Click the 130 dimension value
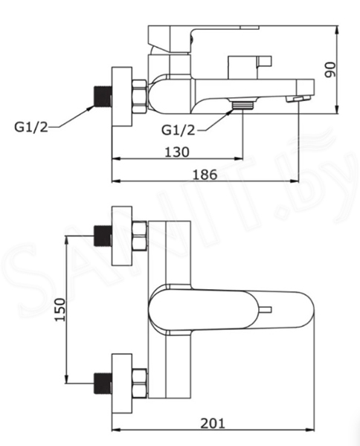tap(177, 152)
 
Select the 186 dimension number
tap(205, 175)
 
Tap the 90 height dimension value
tap(330, 70)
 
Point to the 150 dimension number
tap(60, 309)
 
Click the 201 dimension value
tap(213, 423)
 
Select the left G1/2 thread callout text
tap(31, 127)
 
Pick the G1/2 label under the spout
tap(179, 130)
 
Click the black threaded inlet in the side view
tap(103, 97)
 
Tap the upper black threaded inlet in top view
tap(103, 236)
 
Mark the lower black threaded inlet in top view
tap(103, 383)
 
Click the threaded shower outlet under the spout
tap(242, 105)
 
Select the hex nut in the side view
tap(140, 97)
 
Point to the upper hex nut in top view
tap(140, 236)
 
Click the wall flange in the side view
tap(122, 97)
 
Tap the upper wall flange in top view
tap(122, 236)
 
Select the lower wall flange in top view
tap(122, 384)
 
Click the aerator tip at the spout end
tap(298, 99)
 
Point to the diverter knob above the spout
tap(250, 67)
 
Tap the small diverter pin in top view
tap(266, 310)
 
